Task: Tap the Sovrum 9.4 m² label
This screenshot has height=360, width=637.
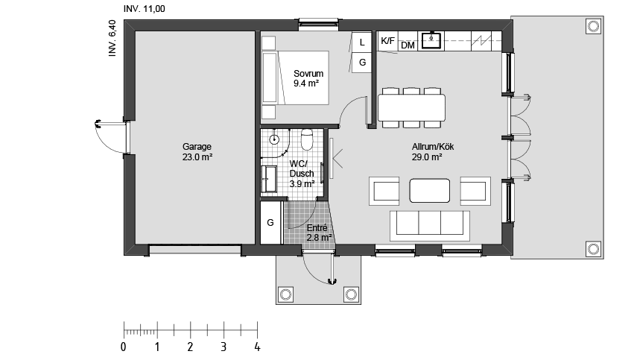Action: click(308, 78)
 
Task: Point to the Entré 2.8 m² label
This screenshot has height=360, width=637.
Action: click(319, 233)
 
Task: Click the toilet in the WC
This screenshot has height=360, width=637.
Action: click(307, 139)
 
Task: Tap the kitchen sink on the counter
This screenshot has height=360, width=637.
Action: click(431, 40)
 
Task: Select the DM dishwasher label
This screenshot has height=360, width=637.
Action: click(408, 45)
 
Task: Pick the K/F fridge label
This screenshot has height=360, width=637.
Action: click(387, 41)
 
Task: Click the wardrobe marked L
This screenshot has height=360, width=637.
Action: click(361, 42)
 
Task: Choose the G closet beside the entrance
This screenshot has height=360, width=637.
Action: click(270, 223)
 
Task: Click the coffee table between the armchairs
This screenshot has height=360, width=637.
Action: click(429, 190)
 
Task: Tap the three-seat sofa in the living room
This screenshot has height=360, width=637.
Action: click(430, 226)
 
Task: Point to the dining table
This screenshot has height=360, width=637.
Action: click(411, 107)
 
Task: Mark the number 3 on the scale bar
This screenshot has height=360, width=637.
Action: click(224, 347)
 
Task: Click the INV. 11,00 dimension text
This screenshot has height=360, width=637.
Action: click(145, 8)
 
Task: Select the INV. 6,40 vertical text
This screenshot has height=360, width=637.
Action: click(112, 38)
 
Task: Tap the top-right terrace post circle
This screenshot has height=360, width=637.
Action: click(593, 26)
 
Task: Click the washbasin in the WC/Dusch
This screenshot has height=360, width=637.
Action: click(268, 178)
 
